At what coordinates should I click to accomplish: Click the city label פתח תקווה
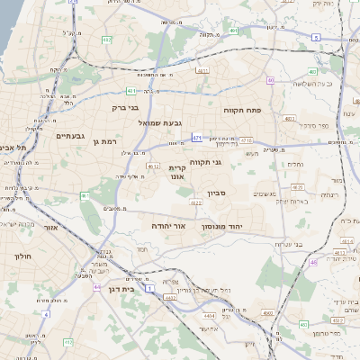[242, 108]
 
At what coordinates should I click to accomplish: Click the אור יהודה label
[167, 225]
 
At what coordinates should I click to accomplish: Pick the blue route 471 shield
[196, 138]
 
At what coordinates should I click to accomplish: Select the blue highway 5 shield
[316, 37]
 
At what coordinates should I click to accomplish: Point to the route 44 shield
[96, 287]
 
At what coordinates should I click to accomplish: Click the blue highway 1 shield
[150, 287]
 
